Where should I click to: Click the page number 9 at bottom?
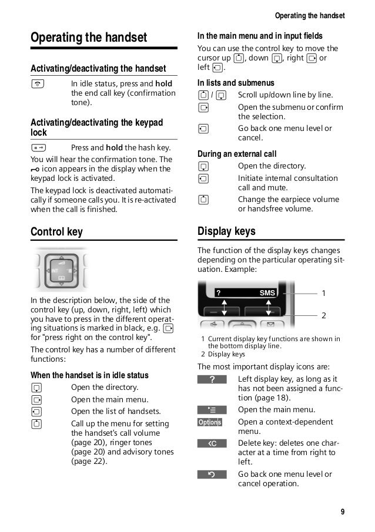342,511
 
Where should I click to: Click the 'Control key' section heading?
56,232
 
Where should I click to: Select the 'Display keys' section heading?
226,231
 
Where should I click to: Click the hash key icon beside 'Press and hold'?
38,148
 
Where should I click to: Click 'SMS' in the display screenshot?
267,294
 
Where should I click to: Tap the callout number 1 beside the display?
323,292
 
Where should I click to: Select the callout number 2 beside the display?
323,315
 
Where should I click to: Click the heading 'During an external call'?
236,154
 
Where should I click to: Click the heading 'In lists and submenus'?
236,83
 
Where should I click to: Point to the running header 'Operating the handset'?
310,15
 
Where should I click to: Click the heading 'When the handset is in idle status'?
89,375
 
